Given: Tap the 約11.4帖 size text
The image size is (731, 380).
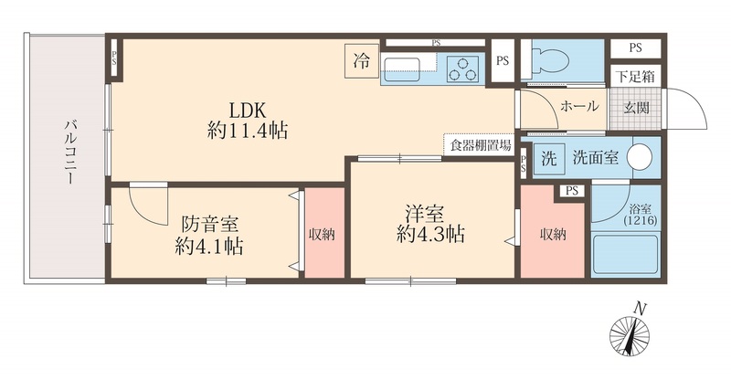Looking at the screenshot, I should click(x=247, y=131).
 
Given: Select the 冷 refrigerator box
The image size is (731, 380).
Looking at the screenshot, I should click(x=362, y=61).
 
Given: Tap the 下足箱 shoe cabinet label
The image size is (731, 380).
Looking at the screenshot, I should click(x=631, y=78).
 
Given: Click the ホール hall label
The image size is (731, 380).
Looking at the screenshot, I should click(x=579, y=105).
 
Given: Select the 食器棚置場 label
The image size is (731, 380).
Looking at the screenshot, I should click(x=478, y=143).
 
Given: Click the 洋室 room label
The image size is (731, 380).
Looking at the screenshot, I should click(x=426, y=214).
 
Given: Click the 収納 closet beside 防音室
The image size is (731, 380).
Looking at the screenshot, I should click(x=322, y=234).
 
